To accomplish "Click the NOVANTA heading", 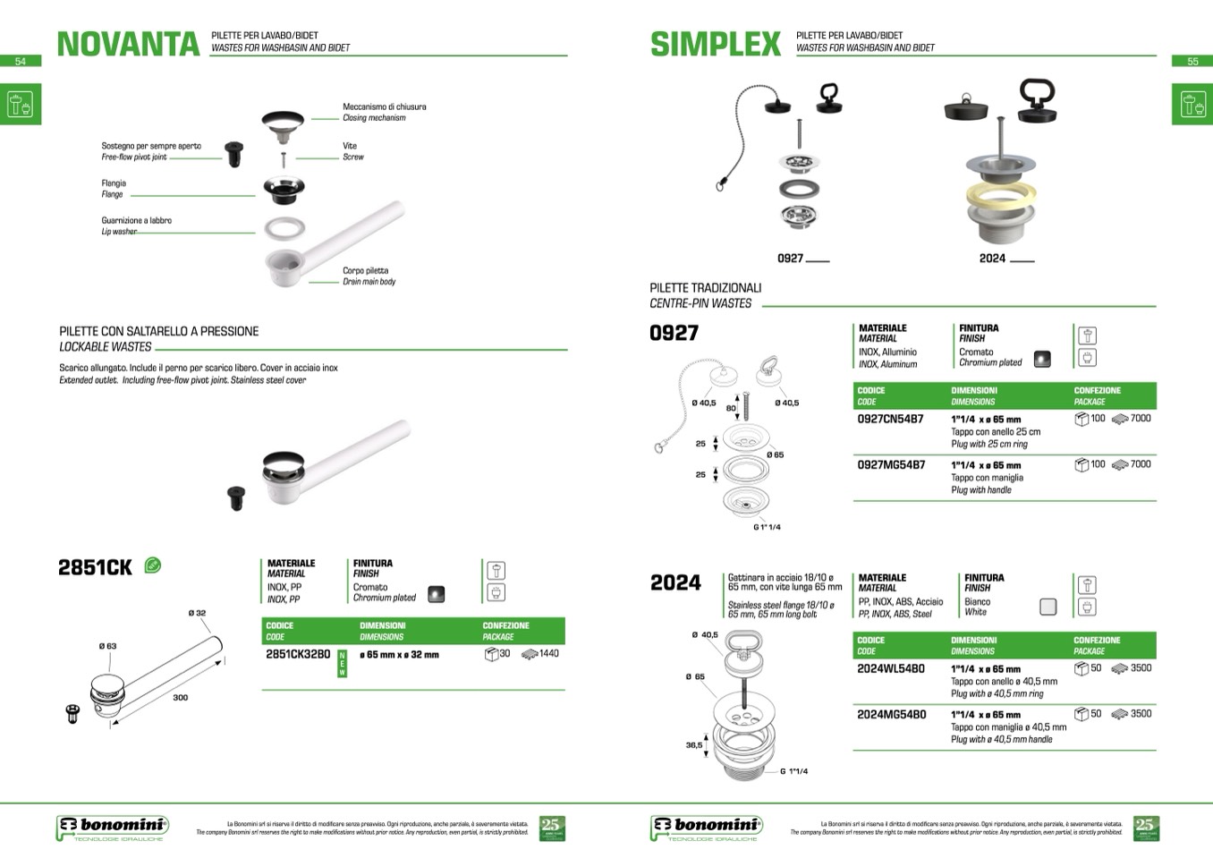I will [128, 44].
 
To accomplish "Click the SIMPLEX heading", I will [716, 44].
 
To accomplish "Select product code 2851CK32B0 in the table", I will [298, 654].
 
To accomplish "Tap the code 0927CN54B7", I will [890, 419].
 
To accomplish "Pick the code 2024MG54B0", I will [891, 714].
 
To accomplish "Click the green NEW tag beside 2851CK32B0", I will [342, 664].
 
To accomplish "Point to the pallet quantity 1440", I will [548, 654].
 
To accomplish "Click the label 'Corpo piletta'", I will [365, 270].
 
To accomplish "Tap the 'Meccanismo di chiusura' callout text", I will [384, 106].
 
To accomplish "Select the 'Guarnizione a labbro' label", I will [136, 220].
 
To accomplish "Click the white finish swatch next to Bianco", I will [1048, 607].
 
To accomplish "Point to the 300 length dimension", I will [181, 698].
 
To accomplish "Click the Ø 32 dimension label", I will [197, 613].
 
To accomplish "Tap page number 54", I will [21, 62].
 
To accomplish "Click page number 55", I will [1192, 62].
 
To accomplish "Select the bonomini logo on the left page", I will [112, 827].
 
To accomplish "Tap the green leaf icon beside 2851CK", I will [153, 565].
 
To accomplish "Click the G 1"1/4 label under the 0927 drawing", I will [767, 527].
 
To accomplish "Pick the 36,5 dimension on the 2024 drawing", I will [694, 744].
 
